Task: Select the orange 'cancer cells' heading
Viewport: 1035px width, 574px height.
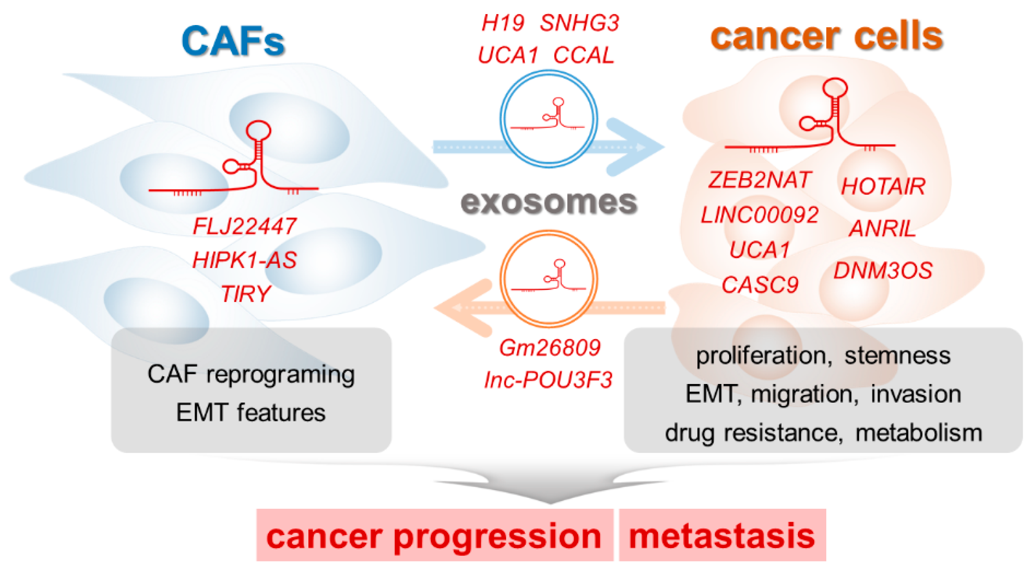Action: [827, 36]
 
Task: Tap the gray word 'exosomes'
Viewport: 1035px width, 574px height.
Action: [549, 202]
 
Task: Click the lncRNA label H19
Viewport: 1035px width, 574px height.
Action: [503, 23]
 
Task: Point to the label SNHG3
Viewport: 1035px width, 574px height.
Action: [580, 23]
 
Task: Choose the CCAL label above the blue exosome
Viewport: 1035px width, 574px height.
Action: [584, 55]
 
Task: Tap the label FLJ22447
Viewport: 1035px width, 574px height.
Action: [244, 226]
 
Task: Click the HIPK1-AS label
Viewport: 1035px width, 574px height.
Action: [244, 260]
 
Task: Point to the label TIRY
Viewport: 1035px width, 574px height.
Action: [246, 294]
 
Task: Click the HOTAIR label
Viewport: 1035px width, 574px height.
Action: [883, 186]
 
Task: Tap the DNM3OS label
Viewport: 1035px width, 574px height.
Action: [883, 270]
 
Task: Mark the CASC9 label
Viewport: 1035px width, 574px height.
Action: [760, 285]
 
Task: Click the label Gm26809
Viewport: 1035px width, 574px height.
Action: [550, 348]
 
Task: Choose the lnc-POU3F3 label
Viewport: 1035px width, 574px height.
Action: [548, 380]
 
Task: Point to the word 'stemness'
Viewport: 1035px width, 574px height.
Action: [897, 356]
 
